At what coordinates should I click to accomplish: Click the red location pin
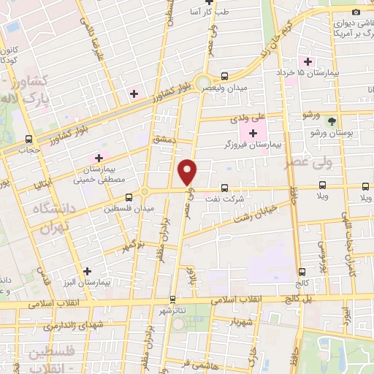pos(188,172)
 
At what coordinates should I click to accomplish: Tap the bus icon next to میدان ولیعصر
pos(224,76)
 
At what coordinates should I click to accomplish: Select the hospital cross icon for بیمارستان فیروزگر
pos(253,132)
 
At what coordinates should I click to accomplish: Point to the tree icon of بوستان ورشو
pos(332,121)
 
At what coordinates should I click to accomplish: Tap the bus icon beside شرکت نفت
pos(224,187)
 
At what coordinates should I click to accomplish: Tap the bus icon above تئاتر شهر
pos(172,298)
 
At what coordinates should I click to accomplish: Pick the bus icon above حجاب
pos(28,139)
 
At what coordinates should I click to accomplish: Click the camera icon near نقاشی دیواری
pos(356,12)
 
